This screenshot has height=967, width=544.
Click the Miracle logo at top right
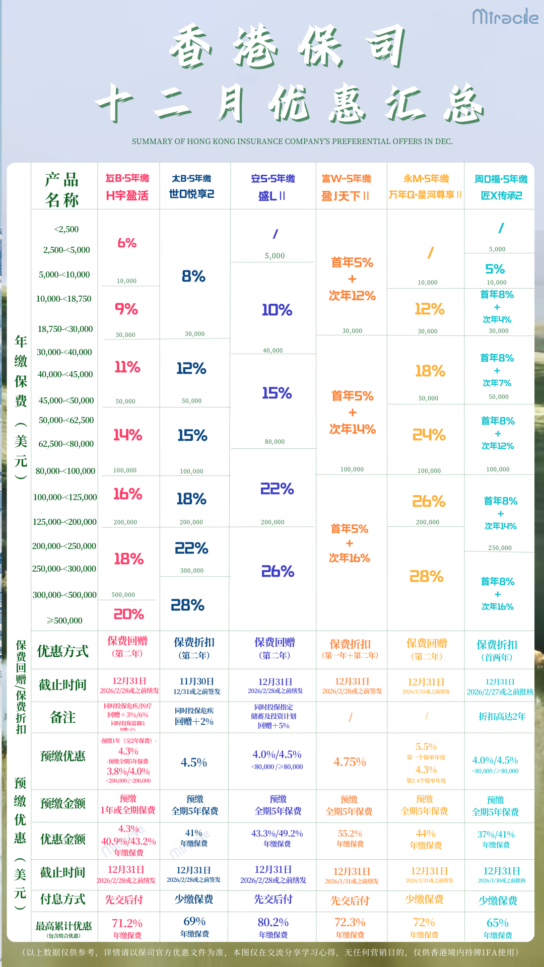pyautogui.click(x=505, y=17)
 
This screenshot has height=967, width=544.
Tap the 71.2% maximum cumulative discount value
pyautogui.click(x=127, y=923)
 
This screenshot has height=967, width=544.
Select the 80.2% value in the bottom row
pyautogui.click(x=273, y=922)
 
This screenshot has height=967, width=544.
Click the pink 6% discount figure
pyautogui.click(x=127, y=243)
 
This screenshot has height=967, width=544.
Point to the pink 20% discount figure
pyautogui.click(x=129, y=614)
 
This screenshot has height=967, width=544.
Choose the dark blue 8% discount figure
pyautogui.click(x=193, y=276)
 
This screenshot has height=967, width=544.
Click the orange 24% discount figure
pyautogui.click(x=429, y=435)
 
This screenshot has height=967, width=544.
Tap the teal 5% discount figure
pyautogui.click(x=495, y=269)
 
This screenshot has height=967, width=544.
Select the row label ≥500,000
pyautogui.click(x=64, y=620)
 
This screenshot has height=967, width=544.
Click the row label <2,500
pyautogui.click(x=66, y=229)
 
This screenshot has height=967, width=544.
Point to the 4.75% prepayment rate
pyautogui.click(x=350, y=762)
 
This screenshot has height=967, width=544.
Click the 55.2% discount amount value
pyautogui.click(x=350, y=834)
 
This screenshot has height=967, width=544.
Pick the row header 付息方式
pyautogui.click(x=63, y=900)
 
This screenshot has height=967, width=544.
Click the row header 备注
pyautogui.click(x=63, y=717)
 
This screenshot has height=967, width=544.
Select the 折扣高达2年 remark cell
pyautogui.click(x=502, y=716)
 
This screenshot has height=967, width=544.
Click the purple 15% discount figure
pyautogui.click(x=277, y=393)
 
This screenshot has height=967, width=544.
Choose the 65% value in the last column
pyautogui.click(x=497, y=923)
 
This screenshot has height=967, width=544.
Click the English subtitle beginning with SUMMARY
pyautogui.click(x=292, y=142)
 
